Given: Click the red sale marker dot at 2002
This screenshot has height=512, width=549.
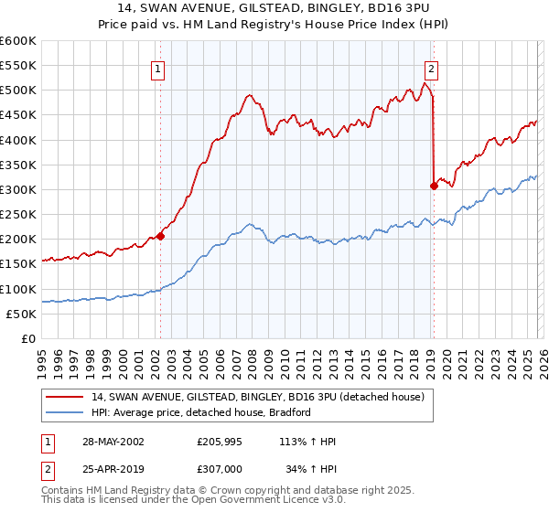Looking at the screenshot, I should (160, 236).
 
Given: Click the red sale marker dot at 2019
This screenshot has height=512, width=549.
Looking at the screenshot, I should (434, 186).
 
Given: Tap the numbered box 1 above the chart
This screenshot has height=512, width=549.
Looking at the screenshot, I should (158, 68).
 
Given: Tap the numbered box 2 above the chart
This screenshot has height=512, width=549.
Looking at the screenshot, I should (431, 68).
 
